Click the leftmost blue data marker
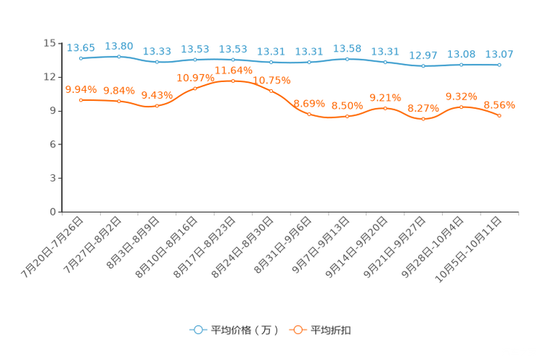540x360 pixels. pos(81,57)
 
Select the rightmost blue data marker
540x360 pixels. pos(499,65)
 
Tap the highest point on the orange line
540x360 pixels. pos(233,80)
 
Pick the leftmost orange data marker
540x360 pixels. pos(81,100)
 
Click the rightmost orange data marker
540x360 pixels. pos(499,115)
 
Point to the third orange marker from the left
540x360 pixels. pos(157,106)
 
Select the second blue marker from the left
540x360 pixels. pos(119,56)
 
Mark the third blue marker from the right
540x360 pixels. pos(423,66)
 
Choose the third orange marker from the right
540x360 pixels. pos(423,119)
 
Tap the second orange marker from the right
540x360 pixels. pos(462,107)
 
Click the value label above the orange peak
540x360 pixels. pos(233,70)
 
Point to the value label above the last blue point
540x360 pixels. pos(499,54)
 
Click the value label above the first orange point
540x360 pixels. pos(81,89)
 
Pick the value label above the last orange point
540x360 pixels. pos(499,105)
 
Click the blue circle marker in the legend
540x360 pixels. pos(197,330)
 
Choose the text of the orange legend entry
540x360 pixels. pos(332,330)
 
